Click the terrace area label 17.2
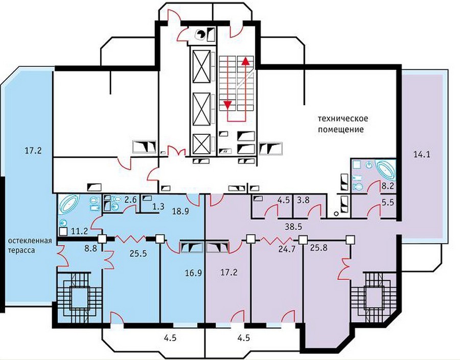33,151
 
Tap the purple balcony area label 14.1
422,154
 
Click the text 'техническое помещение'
343,124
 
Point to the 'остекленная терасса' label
30,246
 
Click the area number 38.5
293,226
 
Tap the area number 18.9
180,211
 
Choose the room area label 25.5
138,253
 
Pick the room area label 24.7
287,250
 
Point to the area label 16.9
193,273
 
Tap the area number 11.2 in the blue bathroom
80,231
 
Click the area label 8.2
388,185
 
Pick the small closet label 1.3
158,206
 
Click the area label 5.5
388,202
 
